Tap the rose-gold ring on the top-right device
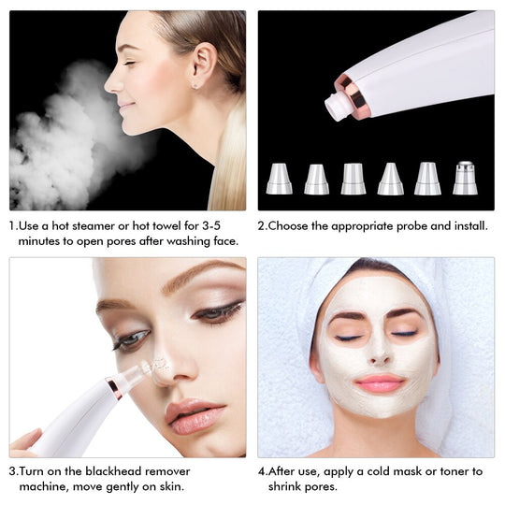[x=354, y=96]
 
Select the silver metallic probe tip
[x=465, y=178]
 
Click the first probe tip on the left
[x=279, y=179]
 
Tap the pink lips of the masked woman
[x=379, y=383]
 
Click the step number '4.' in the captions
[x=263, y=471]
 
